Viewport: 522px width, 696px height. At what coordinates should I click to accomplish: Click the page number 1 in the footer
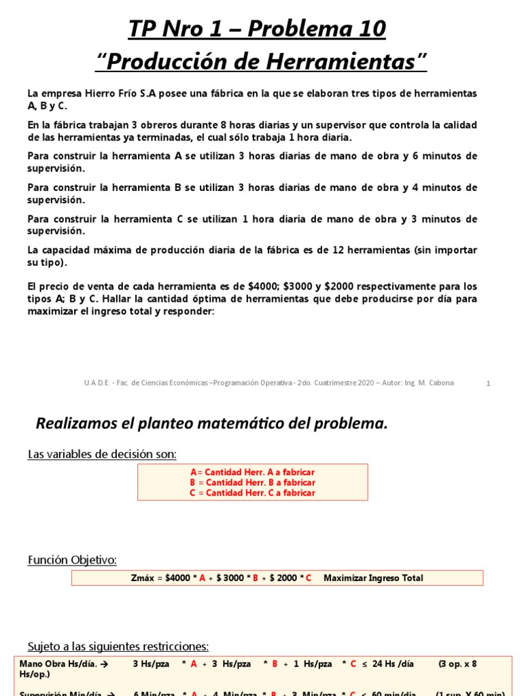tap(488, 383)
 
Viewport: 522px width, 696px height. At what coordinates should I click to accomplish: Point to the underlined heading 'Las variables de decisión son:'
tap(102, 454)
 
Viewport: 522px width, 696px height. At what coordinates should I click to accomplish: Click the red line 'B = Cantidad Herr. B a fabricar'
tap(252, 483)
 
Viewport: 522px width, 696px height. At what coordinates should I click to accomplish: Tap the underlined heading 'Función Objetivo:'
tap(72, 560)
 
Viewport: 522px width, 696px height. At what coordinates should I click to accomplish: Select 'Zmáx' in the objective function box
tap(143, 578)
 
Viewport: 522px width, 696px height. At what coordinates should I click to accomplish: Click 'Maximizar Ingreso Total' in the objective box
tap(373, 578)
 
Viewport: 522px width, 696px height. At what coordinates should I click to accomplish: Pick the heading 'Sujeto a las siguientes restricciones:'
tap(118, 646)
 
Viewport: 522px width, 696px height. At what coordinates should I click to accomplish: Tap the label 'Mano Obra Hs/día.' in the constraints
tap(58, 664)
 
